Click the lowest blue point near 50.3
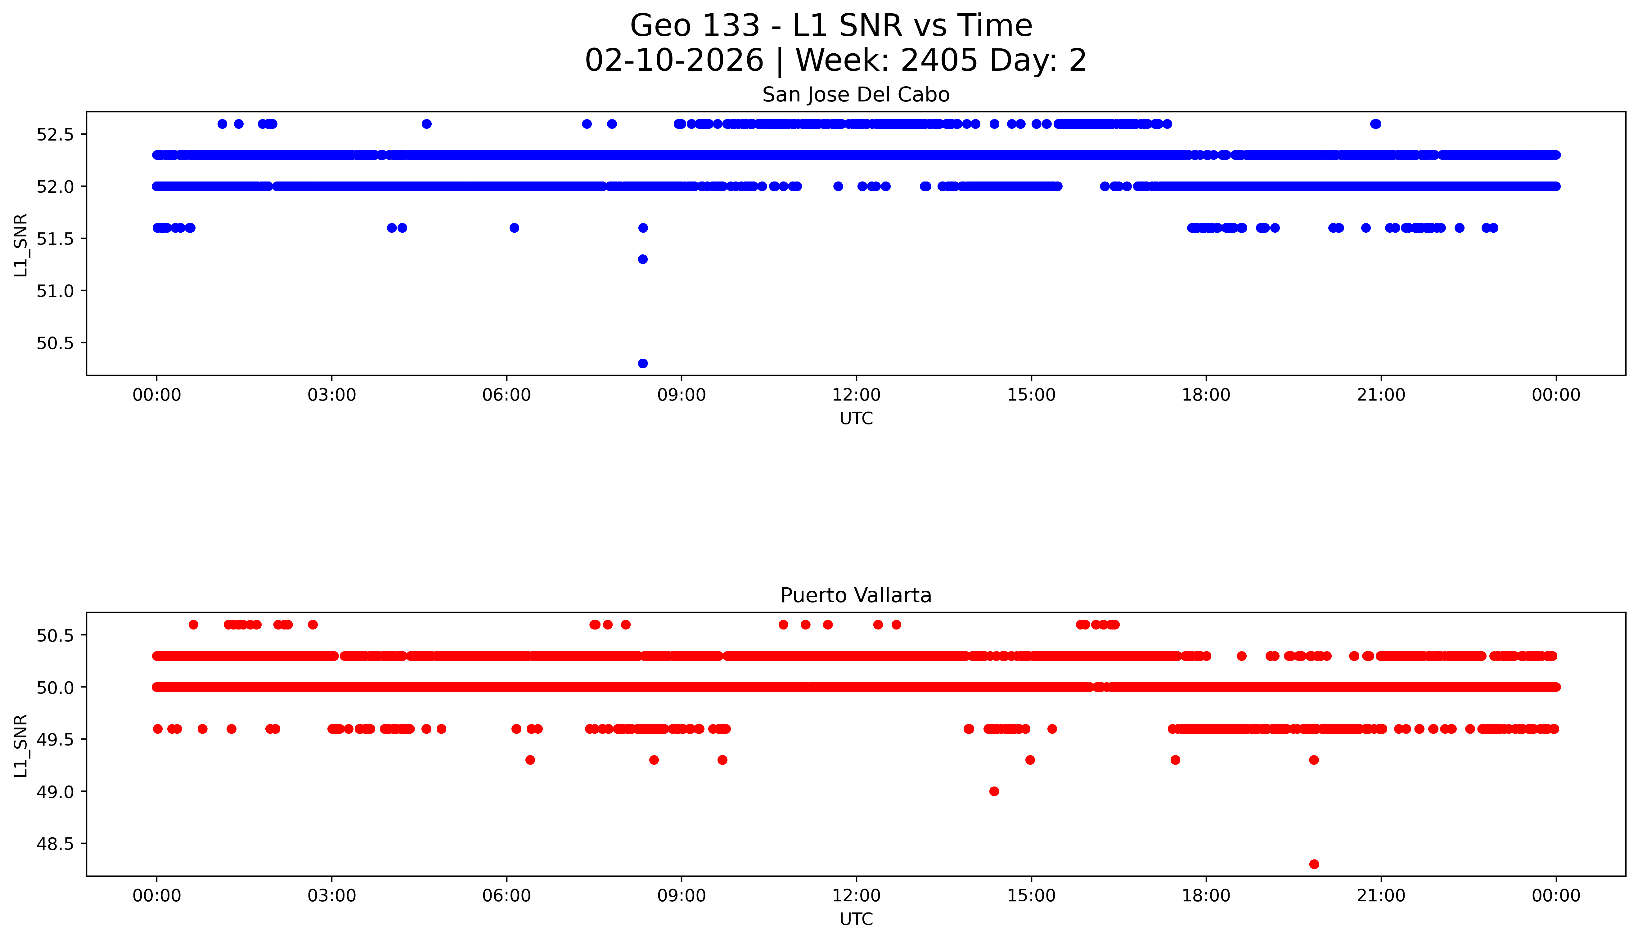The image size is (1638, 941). pyautogui.click(x=642, y=363)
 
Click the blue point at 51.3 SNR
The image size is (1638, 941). pyautogui.click(x=642, y=259)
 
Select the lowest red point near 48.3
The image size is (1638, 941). pyautogui.click(x=1313, y=864)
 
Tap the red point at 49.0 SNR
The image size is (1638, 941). pyautogui.click(x=994, y=791)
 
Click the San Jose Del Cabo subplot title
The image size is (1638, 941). pyautogui.click(x=856, y=95)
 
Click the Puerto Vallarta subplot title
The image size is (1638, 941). pyautogui.click(x=856, y=595)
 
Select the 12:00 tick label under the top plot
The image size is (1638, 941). pyautogui.click(x=856, y=395)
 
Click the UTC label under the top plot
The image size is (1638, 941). pyautogui.click(x=856, y=419)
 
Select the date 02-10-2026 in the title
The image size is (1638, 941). pyautogui.click(x=674, y=61)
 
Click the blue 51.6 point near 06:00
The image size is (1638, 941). pyautogui.click(x=514, y=227)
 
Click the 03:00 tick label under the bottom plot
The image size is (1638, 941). pyautogui.click(x=332, y=896)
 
